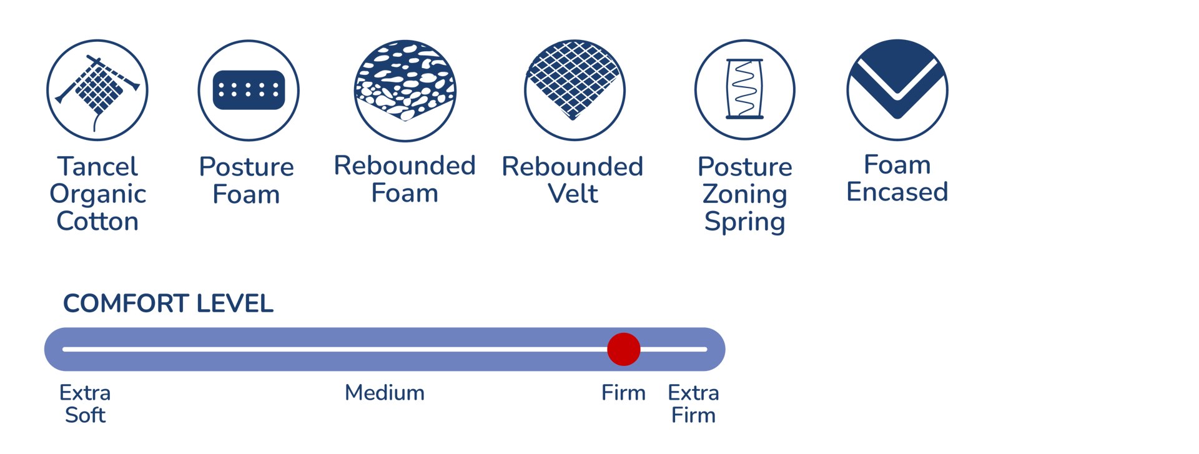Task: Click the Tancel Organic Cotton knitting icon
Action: [x=97, y=91]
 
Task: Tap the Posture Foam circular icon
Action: [x=249, y=91]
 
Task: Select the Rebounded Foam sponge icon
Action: [x=405, y=91]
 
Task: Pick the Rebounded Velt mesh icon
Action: [x=575, y=91]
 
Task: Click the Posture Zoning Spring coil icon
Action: [x=744, y=90]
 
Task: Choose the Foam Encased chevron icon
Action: [x=897, y=90]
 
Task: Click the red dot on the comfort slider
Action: [x=623, y=349]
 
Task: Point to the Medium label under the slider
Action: [x=385, y=393]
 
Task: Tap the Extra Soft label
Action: [x=85, y=404]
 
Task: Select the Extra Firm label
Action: [x=693, y=404]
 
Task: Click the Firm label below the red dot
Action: [x=623, y=393]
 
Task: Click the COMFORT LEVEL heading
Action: [x=168, y=303]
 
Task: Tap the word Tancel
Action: [x=97, y=167]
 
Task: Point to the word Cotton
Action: [x=97, y=222]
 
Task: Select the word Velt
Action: [x=573, y=194]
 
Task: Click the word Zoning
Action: [x=744, y=194]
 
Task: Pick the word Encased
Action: [x=897, y=192]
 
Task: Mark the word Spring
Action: [x=744, y=222]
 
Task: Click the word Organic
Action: [x=97, y=194]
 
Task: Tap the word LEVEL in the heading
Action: [x=234, y=303]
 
